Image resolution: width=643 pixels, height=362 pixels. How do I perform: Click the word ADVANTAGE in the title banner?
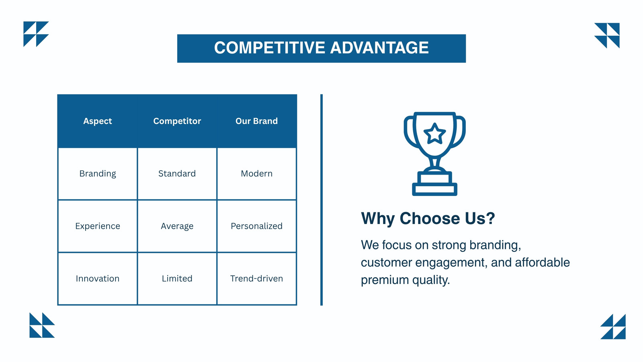coord(379,48)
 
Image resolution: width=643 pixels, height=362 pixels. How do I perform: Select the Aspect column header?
coord(98,121)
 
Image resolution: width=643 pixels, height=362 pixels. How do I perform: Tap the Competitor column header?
coord(177,121)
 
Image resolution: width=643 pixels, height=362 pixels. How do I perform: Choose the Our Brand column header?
coord(257,121)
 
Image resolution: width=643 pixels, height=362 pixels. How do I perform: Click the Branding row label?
coord(98,173)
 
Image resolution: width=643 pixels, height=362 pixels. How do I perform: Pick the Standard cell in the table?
coord(177,173)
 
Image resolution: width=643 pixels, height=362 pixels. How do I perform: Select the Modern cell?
coord(257,173)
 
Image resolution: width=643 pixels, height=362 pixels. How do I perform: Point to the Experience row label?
coord(98,226)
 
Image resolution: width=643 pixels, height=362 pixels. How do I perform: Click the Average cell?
coord(177,226)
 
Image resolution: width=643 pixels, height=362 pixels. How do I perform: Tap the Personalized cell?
coord(257,226)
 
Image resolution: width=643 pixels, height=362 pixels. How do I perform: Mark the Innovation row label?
coord(98,278)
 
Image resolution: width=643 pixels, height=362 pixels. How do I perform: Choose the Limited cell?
coord(177,278)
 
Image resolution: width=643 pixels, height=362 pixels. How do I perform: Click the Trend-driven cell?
coord(257,278)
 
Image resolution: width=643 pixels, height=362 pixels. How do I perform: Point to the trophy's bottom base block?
coord(434,189)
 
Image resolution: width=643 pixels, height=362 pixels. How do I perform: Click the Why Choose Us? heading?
coord(428,218)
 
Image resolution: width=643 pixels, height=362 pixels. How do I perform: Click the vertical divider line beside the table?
coord(321,200)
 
